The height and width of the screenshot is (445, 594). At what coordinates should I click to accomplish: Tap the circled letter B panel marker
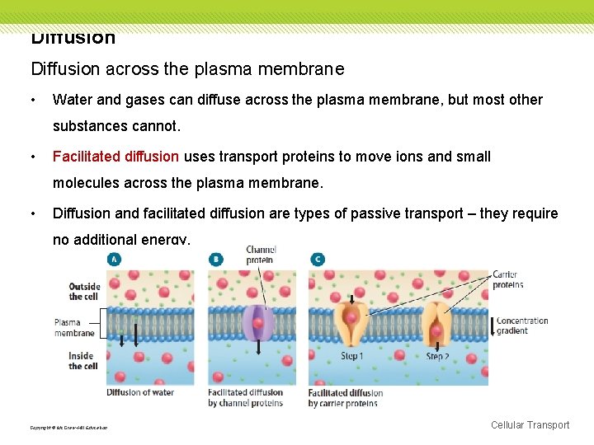216,260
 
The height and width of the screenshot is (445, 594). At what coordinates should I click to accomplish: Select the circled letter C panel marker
318,260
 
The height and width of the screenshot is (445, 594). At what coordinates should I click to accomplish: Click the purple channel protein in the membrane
258,323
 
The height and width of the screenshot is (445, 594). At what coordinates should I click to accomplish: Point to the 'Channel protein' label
261,255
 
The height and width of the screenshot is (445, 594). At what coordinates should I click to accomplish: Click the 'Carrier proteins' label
507,279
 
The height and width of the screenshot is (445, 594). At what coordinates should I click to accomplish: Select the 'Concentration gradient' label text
522,326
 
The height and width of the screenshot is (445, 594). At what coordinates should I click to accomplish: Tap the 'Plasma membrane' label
74,327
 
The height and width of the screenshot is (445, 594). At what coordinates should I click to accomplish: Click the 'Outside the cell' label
84,292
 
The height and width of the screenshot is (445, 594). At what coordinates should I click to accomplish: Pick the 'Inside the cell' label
82,361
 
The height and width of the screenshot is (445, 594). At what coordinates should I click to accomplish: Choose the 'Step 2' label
437,357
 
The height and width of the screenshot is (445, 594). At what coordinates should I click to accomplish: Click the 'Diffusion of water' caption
141,392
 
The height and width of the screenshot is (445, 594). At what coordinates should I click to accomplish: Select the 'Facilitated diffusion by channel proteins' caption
245,398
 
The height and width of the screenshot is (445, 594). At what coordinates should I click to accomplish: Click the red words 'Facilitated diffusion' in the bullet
115,157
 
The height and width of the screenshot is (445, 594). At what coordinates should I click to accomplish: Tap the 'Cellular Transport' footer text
530,425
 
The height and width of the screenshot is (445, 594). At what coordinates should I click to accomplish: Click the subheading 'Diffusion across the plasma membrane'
187,69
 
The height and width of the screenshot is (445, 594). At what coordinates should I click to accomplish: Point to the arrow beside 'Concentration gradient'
493,326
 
